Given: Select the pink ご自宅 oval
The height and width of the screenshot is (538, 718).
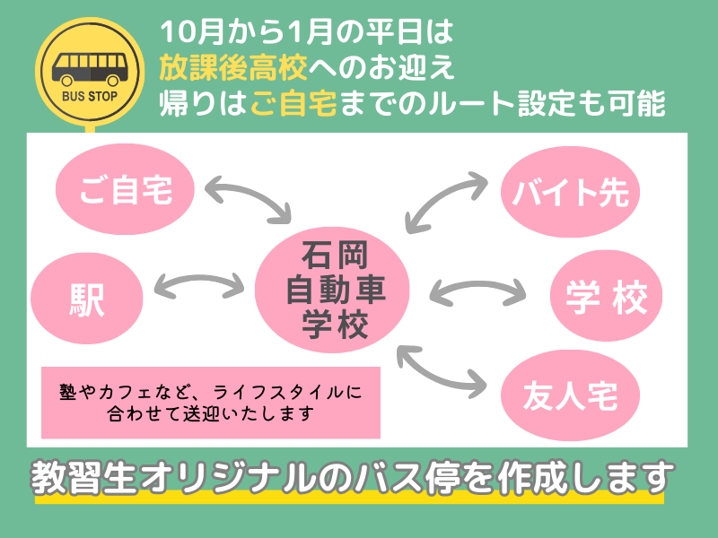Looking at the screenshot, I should pyautogui.click(x=125, y=189).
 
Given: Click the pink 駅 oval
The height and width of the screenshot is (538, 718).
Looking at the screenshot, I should pyautogui.click(x=87, y=298).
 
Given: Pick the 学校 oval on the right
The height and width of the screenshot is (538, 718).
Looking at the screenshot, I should pyautogui.click(x=606, y=297).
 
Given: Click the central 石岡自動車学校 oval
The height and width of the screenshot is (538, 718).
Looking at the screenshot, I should pyautogui.click(x=335, y=289).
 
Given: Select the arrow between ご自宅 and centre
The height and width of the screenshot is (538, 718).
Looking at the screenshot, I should pyautogui.click(x=250, y=195).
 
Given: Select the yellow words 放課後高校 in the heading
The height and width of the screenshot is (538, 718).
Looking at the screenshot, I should pyautogui.click(x=234, y=66).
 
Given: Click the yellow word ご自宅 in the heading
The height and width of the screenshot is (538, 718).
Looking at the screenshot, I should pyautogui.click(x=293, y=103).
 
